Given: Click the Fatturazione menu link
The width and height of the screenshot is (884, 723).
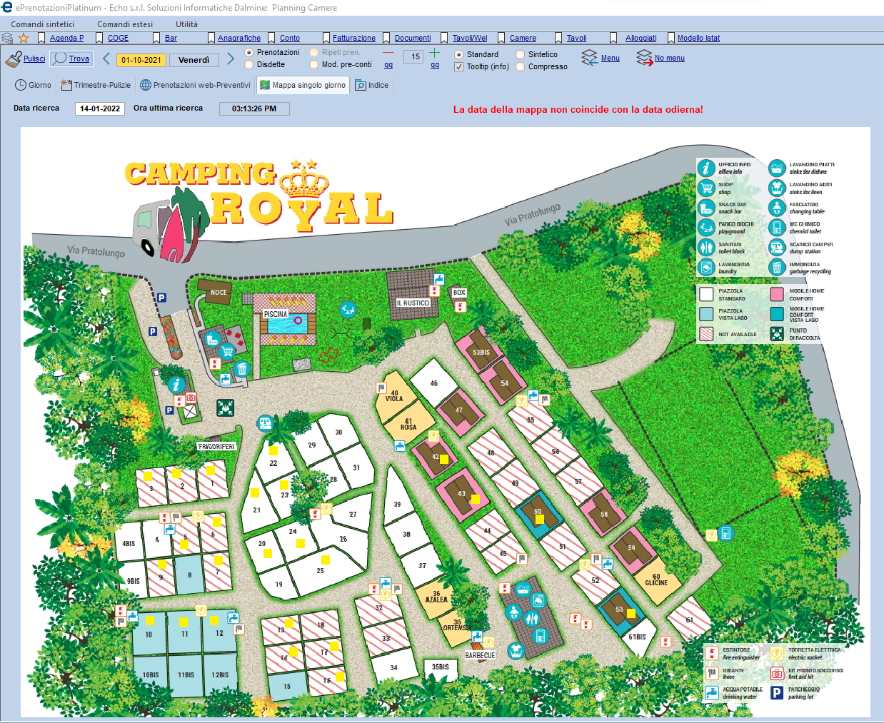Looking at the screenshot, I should coord(353,38).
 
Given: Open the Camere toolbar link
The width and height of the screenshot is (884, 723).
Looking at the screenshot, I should coord(523,38).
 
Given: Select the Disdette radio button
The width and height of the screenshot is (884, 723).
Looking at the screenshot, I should coord(249,65).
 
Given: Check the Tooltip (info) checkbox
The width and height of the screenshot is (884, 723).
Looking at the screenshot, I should coord(458,67).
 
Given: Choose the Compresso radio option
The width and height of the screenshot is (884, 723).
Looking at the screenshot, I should coord(521,67).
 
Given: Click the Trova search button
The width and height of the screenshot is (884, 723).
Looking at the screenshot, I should coord(72,59).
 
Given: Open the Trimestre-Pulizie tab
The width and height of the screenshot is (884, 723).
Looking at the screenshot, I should coord(96,85).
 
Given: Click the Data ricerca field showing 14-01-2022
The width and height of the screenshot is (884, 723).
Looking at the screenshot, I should coord(100,108).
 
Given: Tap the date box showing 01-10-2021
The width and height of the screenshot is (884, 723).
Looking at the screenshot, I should coord(141,60).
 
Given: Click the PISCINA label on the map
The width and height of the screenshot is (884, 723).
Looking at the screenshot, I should coord(276,314).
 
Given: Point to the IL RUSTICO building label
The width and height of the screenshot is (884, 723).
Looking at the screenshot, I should coord(413,303).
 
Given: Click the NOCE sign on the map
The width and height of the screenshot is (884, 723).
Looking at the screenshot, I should coord(219,292).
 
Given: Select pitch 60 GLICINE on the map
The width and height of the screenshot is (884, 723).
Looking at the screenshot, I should coord(656,580).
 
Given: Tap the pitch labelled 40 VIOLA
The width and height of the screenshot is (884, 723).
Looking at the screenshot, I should coord(394,395).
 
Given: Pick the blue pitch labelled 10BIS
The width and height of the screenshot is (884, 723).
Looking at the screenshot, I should coord(151,674).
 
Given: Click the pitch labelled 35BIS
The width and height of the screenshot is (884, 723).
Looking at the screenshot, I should coord(441,667).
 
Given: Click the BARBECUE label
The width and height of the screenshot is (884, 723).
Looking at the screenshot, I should coord(480,655).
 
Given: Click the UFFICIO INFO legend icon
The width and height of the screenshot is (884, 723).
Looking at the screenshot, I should coord(706,168).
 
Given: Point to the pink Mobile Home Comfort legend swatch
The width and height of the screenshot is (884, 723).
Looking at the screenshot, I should coord(777,294).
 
